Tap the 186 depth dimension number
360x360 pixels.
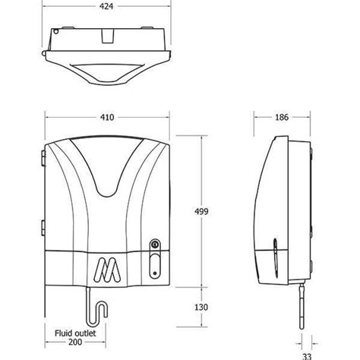pos(281,118)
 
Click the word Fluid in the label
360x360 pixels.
pos(65,332)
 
